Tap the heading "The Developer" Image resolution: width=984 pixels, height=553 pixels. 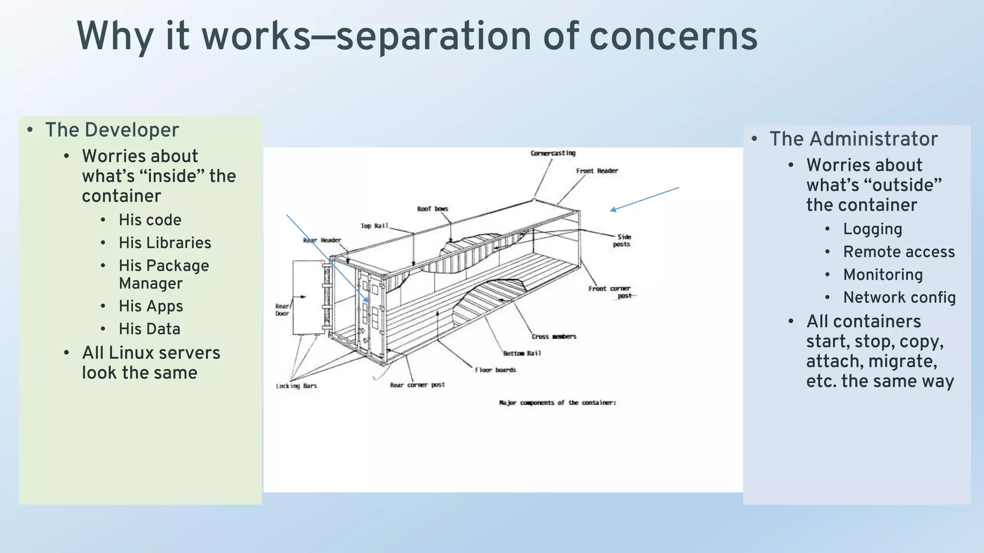click(112, 130)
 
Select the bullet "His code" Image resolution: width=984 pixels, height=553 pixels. click(150, 220)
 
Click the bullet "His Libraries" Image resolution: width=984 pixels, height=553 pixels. click(165, 243)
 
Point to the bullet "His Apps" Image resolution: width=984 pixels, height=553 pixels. click(151, 306)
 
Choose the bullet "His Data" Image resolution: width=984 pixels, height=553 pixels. click(149, 329)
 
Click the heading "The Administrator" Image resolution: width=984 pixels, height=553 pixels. click(853, 139)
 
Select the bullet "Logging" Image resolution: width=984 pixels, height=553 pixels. click(873, 229)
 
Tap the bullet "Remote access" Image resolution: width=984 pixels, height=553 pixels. click(899, 252)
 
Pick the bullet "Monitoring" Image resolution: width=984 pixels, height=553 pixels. click(883, 275)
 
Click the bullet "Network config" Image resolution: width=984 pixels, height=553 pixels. click(899, 298)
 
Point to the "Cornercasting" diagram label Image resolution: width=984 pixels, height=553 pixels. click(553, 153)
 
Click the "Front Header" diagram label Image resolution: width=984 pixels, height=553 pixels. click(597, 171)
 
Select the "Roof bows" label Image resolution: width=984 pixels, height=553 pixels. click(432, 209)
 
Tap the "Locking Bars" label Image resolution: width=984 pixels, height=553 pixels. click(296, 386)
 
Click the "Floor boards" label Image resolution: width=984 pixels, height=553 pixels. click(495, 370)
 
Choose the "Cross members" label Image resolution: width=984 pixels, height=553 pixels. click(554, 337)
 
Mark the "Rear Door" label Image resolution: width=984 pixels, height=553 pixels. click(282, 310)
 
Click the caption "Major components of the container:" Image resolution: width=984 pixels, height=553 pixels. click(557, 403)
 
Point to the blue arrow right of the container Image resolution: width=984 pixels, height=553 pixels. click(644, 199)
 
